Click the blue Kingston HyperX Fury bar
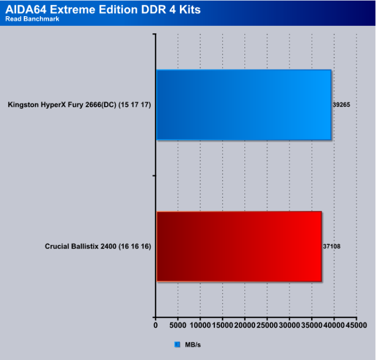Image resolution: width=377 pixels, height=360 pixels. pos(244,105)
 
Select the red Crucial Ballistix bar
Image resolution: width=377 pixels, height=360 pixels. pos(239,246)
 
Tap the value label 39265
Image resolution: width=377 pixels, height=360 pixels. pos(341,105)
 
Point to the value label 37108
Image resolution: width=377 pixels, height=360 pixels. pos(332,246)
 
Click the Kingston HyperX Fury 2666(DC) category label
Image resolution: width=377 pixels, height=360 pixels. pos(79,105)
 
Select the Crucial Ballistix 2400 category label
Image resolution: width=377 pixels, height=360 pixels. pos(98,246)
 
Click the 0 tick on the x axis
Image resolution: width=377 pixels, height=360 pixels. pos(156,325)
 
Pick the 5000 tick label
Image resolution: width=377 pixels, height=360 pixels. pos(178,325)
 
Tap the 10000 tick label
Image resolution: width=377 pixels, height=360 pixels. pos(200,325)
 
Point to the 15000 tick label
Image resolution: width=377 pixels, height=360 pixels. pos(222,325)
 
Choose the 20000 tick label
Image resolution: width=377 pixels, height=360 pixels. pos(245,325)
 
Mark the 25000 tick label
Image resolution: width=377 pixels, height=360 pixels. pos(267,325)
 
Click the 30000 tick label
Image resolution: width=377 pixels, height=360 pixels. pos(289,325)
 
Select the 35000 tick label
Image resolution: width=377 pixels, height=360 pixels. pos(312,325)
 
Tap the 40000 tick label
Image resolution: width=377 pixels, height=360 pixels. pos(334,325)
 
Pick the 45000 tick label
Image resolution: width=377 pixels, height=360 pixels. pos(357,325)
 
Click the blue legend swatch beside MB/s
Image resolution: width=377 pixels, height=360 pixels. pos(177,344)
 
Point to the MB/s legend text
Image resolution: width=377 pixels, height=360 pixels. pos(193,345)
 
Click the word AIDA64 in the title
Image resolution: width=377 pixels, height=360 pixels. pos(26,10)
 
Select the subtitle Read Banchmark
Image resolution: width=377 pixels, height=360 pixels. pos(32,19)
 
